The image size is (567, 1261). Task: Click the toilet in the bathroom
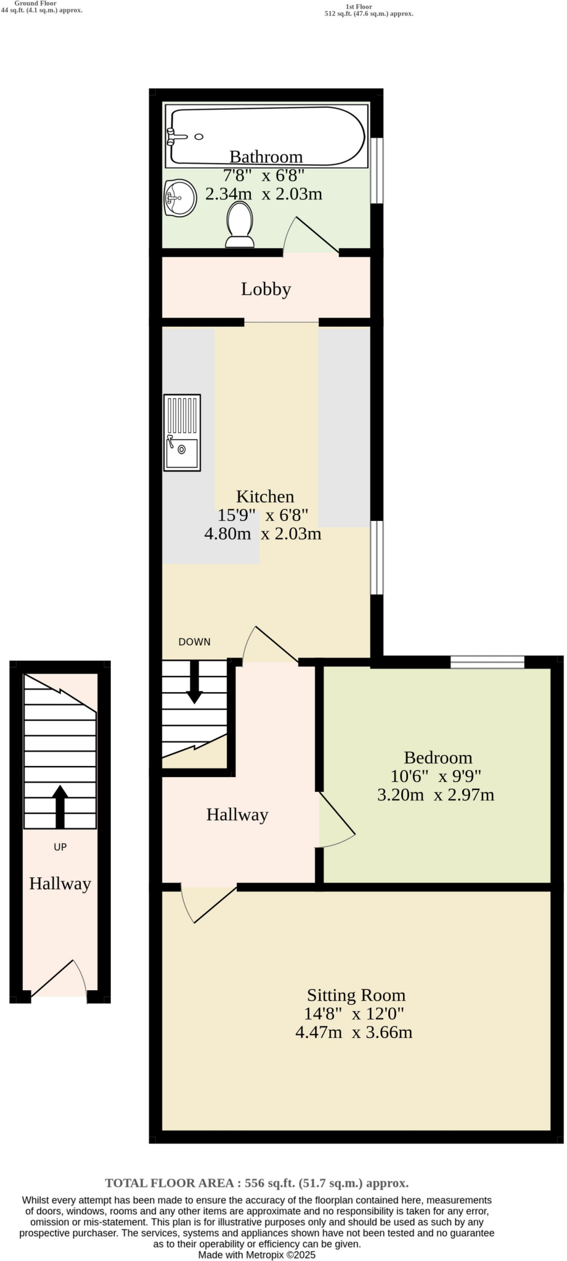[240, 225]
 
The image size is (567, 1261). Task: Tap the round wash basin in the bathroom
[180, 198]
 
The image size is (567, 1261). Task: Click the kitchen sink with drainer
[182, 433]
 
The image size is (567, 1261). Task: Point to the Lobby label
[266, 289]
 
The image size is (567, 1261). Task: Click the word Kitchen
[265, 496]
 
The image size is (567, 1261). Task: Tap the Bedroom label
[438, 757]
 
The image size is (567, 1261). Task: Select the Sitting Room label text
[356, 995]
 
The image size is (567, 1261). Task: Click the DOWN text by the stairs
[194, 642]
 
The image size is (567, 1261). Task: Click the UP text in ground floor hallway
[60, 847]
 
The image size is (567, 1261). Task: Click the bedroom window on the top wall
[487, 663]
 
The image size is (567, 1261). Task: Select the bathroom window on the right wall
[377, 171]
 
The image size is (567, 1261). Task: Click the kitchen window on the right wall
[377, 557]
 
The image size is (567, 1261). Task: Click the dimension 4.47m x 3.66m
[354, 1033]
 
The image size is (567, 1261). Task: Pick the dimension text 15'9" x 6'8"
[263, 515]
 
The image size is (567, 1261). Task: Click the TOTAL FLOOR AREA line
[256, 1183]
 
